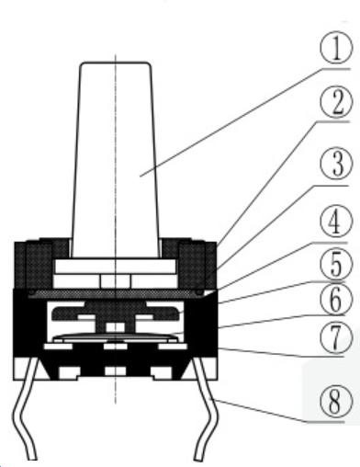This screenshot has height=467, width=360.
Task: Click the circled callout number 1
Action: (x=336, y=49)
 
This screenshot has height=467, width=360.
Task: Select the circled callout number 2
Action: (x=336, y=102)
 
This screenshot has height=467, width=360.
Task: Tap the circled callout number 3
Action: (x=336, y=164)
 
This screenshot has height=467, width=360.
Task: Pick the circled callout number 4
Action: (x=336, y=222)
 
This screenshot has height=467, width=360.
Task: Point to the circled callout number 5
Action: (x=336, y=263)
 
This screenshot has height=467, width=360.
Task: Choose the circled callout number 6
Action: (x=336, y=299)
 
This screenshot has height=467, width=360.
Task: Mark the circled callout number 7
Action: (x=336, y=337)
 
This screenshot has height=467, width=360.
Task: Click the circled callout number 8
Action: (x=336, y=401)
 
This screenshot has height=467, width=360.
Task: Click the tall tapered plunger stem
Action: (x=116, y=159)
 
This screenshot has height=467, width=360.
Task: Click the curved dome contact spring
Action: (x=116, y=336)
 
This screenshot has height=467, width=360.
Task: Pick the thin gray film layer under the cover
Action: (x=116, y=293)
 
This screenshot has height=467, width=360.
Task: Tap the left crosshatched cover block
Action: (x=41, y=264)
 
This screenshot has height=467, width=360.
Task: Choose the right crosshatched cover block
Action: (x=189, y=264)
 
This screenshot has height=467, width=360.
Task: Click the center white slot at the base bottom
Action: (x=116, y=370)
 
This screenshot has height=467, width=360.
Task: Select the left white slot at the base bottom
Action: (x=69, y=372)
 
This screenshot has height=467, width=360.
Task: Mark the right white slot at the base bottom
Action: (x=162, y=372)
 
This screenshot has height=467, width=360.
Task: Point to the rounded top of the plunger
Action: (x=116, y=63)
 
